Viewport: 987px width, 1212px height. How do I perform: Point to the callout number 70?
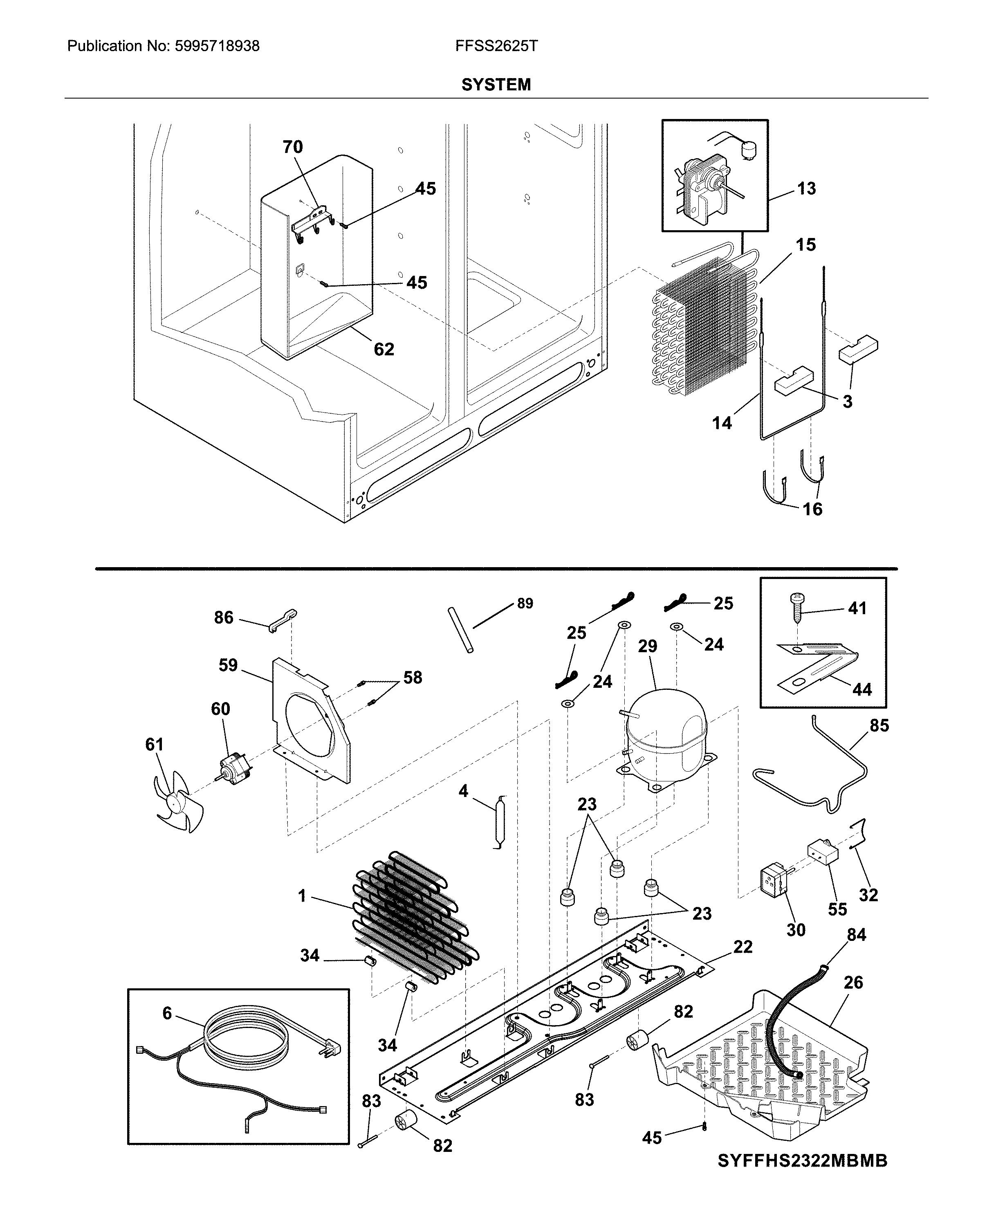pyautogui.click(x=293, y=147)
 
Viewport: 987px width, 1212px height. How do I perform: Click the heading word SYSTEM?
pyautogui.click(x=496, y=85)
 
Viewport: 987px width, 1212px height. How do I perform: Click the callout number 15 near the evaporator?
pyautogui.click(x=805, y=245)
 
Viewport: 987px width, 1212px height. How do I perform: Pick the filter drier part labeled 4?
pyautogui.click(x=500, y=821)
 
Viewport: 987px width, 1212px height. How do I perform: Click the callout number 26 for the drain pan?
pyautogui.click(x=853, y=982)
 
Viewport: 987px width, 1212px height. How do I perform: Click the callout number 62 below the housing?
pyautogui.click(x=384, y=349)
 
